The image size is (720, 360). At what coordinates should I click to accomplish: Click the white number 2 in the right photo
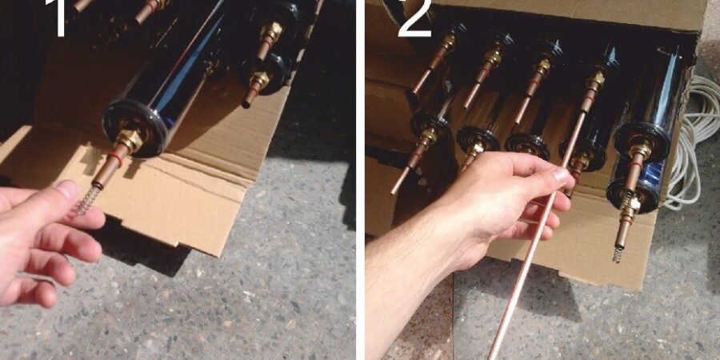click(414, 18)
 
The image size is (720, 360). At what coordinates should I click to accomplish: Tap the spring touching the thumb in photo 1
click(86, 201)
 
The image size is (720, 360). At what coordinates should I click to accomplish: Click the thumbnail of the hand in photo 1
click(69, 188)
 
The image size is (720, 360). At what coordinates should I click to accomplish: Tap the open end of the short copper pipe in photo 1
click(247, 104)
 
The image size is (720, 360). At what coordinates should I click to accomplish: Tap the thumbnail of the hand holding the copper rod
click(561, 174)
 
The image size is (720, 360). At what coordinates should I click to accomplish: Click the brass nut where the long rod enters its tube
click(595, 81)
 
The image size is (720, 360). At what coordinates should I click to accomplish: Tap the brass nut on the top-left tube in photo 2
click(448, 42)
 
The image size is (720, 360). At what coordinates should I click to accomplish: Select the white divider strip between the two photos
click(361, 180)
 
